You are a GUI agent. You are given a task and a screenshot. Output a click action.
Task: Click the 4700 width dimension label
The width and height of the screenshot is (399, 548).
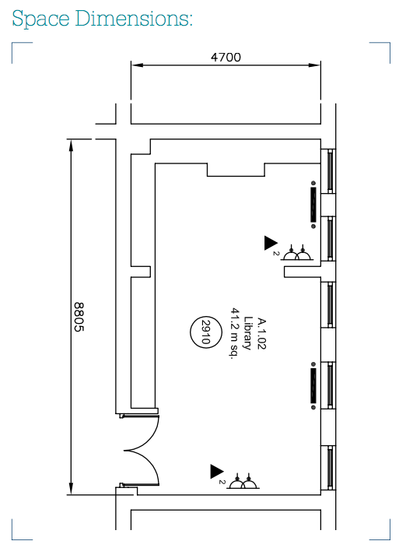(x=226, y=57)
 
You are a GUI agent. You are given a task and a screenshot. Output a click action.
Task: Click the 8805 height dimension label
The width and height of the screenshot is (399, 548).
(x=79, y=317)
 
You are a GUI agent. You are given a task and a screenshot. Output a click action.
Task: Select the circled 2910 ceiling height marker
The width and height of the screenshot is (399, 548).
(x=206, y=332)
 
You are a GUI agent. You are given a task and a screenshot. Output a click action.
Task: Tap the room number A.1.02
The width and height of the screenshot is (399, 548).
(x=261, y=333)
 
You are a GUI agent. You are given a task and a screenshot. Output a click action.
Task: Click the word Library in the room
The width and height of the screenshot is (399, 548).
(x=248, y=333)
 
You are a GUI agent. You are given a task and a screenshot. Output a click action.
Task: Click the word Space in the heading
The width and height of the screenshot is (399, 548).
(x=41, y=19)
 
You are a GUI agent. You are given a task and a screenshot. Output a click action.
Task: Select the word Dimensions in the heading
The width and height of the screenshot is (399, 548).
(x=132, y=18)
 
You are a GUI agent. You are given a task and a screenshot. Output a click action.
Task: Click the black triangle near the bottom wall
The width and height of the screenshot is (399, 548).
(x=216, y=472)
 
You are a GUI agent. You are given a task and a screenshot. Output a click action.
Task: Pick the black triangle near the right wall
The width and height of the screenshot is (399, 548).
(x=271, y=243)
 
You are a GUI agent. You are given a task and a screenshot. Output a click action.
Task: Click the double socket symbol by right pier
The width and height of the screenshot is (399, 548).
(x=296, y=252)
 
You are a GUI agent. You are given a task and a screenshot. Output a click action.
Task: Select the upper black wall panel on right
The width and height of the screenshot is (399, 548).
(x=313, y=205)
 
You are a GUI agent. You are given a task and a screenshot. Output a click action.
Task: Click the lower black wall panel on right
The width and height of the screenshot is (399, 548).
(x=313, y=385)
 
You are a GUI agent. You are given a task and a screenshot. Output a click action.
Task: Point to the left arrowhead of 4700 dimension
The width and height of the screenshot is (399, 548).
(x=138, y=65)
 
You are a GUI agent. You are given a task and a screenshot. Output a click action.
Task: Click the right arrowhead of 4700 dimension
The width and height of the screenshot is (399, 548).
(x=314, y=65)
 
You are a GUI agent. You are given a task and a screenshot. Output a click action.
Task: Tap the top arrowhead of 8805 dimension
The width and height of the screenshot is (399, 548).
(x=71, y=146)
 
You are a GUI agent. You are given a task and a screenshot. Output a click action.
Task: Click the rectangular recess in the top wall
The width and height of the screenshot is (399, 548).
(x=236, y=170)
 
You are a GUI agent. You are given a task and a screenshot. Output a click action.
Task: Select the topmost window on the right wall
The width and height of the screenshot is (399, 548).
(x=330, y=171)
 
